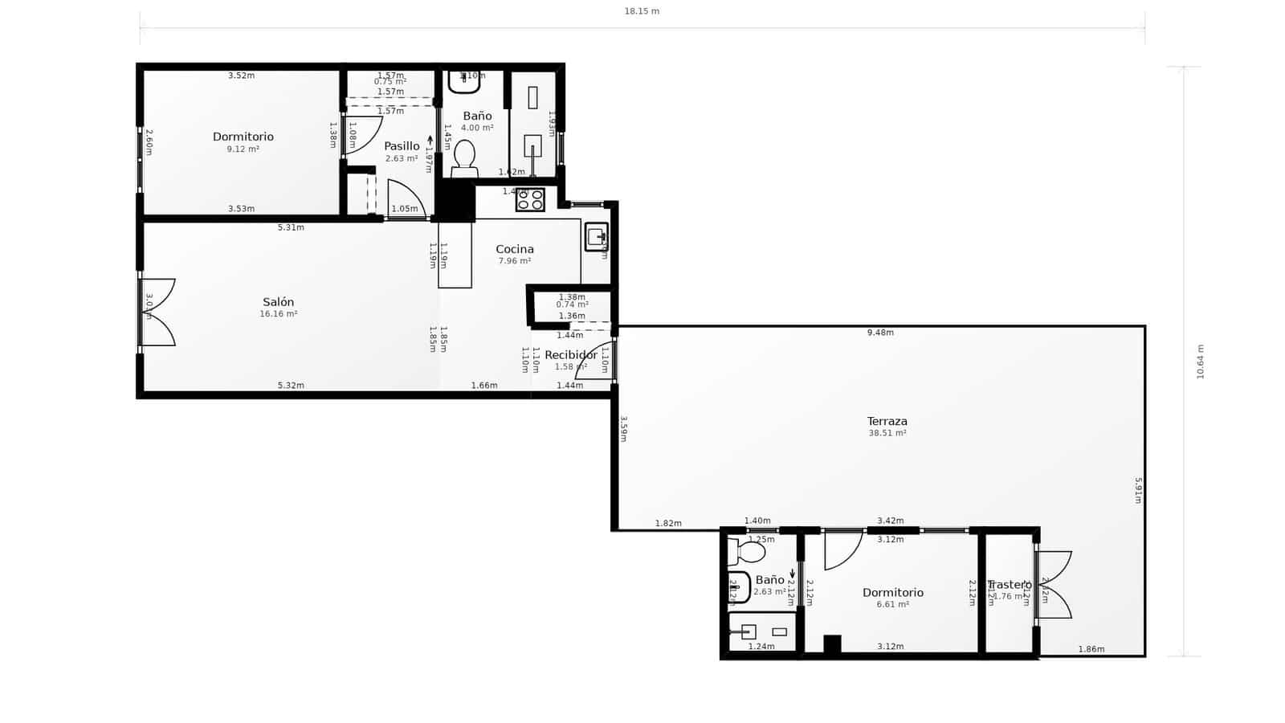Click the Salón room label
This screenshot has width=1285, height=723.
coord(278,302)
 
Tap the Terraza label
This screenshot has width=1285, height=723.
coord(887,421)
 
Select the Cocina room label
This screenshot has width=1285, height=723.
coord(514,249)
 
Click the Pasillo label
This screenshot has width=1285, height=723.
coord(401,146)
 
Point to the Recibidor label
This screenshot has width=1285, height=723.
coord(570,355)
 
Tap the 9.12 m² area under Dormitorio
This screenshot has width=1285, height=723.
coord(243,149)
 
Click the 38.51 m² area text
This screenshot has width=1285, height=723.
coord(887,433)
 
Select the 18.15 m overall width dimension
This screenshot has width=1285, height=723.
coord(642,11)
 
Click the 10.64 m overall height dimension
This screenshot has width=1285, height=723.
coord(1201,361)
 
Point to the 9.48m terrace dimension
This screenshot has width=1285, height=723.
coord(880,333)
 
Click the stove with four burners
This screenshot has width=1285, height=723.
coord(530,199)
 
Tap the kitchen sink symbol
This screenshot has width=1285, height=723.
coord(595,237)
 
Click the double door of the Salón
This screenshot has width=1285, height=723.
coord(157,312)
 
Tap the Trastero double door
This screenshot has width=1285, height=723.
coord(1054,584)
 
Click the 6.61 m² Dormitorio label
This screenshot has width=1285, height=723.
coord(892,593)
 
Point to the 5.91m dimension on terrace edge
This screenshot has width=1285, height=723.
coord(1137,490)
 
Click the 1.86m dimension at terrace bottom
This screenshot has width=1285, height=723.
coord(1091,649)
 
